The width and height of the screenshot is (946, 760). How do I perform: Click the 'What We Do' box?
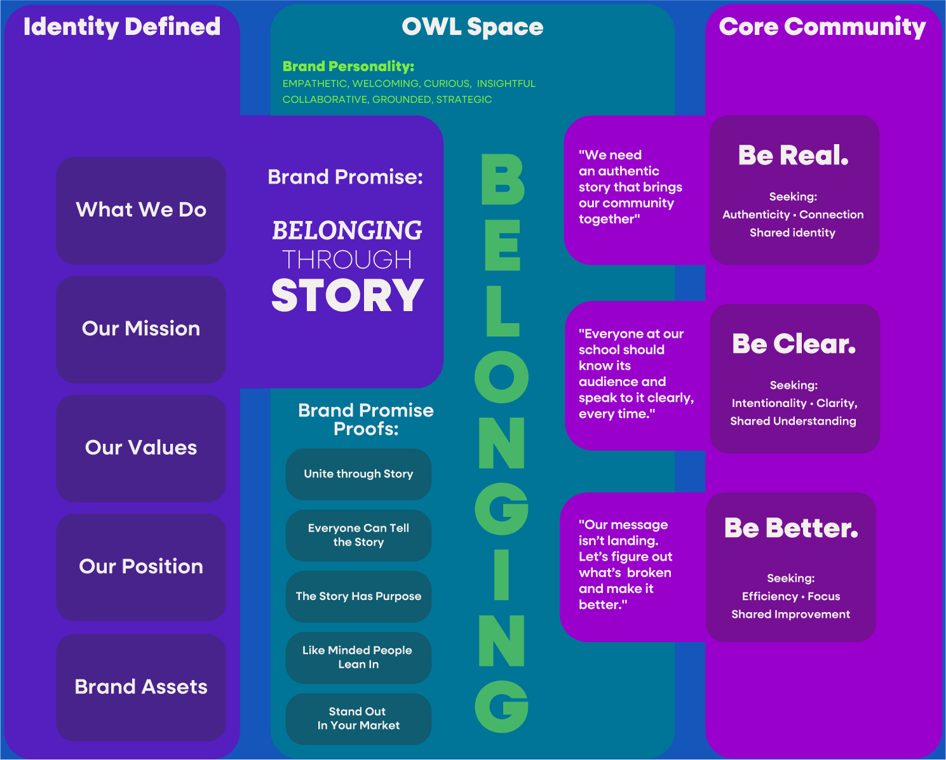coord(140,210)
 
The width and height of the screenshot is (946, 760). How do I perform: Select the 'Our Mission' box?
coord(140,330)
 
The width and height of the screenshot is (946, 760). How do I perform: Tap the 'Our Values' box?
coord(140,448)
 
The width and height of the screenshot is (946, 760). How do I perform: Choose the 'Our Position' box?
coord(140,567)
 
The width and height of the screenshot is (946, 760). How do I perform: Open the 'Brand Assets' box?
coord(140,688)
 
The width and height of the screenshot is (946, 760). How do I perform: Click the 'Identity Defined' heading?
coord(122,27)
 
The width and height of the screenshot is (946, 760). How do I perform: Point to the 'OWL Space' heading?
coord(473,27)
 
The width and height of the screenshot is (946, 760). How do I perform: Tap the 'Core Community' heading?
coord(823,27)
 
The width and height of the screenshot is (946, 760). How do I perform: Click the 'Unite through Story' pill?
coord(358,474)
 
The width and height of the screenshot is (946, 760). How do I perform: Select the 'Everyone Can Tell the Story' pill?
coord(358,535)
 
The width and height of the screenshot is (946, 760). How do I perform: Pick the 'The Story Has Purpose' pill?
coord(358,596)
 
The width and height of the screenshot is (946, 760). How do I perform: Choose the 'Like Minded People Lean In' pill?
coord(358,658)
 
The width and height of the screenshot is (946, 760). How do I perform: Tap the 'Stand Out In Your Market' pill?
coord(358,719)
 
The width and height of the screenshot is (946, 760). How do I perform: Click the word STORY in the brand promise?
coord(348,295)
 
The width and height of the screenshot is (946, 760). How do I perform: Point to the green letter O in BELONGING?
coord(501,377)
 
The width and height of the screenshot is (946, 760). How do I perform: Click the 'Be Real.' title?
coord(794,156)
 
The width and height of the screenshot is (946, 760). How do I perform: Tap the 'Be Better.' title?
coord(791,528)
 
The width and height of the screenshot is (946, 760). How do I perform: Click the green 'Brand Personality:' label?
coord(348,66)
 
